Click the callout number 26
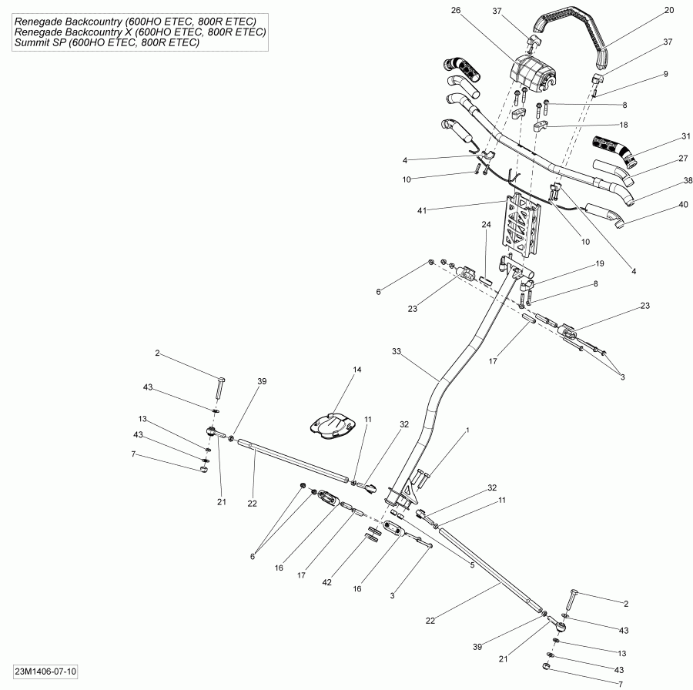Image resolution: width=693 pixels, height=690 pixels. (477, 10)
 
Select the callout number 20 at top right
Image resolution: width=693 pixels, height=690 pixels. (668, 10)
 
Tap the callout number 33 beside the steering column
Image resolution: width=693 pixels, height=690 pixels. (397, 351)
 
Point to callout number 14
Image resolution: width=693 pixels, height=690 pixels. (357, 370)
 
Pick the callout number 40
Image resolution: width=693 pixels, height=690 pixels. (662, 205)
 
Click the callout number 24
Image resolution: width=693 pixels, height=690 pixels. (486, 225)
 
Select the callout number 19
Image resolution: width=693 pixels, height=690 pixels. (599, 263)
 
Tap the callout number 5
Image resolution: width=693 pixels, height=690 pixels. (472, 564)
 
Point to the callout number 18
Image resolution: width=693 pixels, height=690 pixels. (624, 124)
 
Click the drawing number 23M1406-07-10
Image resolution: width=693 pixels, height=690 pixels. (45, 672)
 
